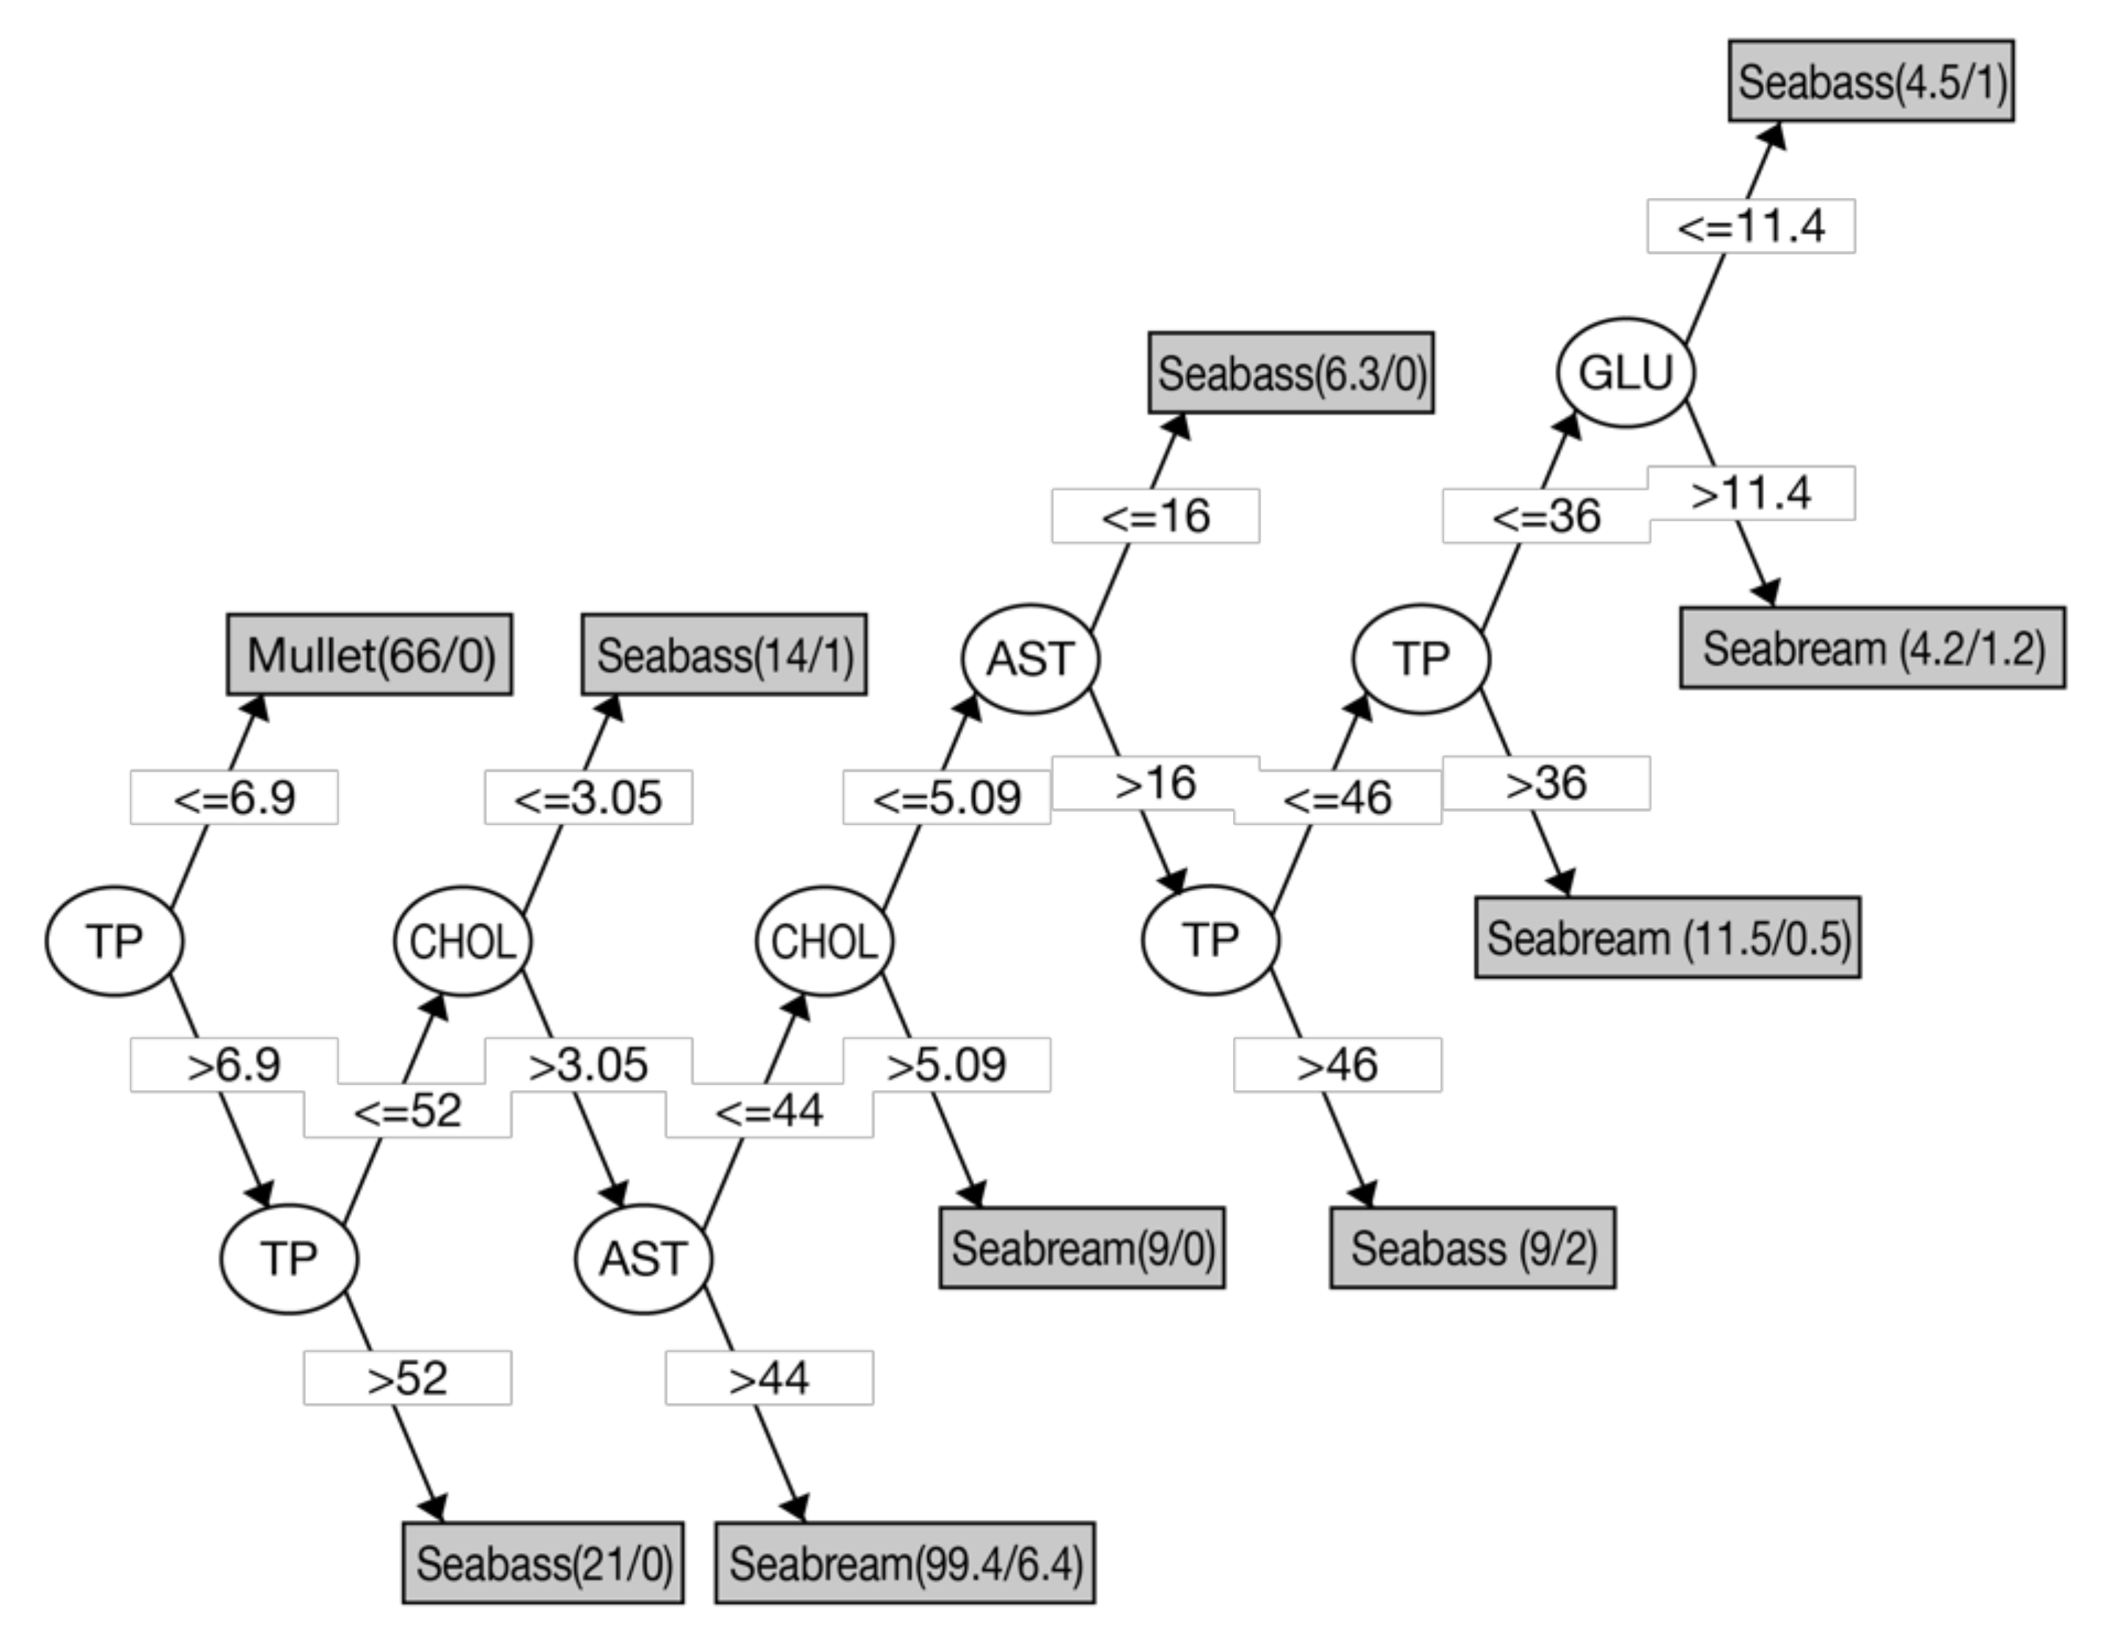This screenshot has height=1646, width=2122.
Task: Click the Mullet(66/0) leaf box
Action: (369, 654)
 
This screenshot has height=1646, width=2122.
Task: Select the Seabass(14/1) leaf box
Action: (724, 654)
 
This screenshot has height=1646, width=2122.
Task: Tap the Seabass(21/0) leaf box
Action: (543, 1562)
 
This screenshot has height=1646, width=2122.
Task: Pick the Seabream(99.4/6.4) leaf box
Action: (904, 1562)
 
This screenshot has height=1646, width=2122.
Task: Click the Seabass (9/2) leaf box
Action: (1473, 1248)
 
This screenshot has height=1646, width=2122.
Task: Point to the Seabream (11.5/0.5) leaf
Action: (1667, 937)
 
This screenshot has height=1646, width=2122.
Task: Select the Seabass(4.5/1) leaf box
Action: (1871, 81)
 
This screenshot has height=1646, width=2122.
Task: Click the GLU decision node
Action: (1625, 372)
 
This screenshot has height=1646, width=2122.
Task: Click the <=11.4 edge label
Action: (1751, 227)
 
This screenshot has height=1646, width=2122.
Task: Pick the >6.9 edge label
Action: (234, 1065)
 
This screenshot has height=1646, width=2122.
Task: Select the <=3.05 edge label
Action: (589, 798)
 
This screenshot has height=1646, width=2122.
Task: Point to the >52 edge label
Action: (407, 1378)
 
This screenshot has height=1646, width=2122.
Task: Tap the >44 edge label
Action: (769, 1378)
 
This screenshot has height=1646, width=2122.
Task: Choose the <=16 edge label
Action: (1155, 516)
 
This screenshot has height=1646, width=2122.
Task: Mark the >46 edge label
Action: (1338, 1065)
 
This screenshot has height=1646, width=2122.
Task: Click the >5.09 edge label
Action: (946, 1065)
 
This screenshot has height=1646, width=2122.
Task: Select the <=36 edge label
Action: (1545, 516)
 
